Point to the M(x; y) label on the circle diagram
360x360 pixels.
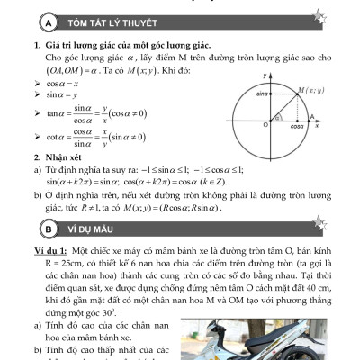pos(310,90)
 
